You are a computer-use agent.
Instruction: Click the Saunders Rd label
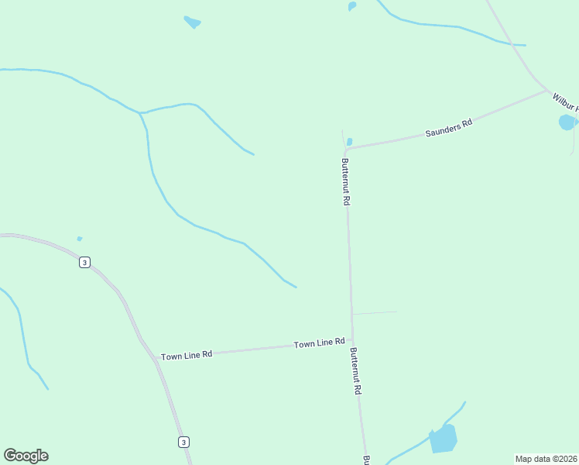tap(449, 128)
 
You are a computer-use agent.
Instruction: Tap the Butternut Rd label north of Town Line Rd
tap(346, 181)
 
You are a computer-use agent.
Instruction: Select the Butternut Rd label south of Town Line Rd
tap(355, 371)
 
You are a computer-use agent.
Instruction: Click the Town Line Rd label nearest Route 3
tap(187, 355)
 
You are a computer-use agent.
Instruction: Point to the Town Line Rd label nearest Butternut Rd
tap(319, 343)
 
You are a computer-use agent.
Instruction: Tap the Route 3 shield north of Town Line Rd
tap(84, 262)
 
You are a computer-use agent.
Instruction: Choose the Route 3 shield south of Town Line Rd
tap(183, 442)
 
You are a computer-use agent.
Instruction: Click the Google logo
tap(26, 456)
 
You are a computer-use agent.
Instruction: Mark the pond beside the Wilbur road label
tap(567, 122)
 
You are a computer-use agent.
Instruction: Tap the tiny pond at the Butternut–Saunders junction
tap(350, 142)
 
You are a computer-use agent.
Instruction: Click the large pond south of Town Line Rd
tap(444, 439)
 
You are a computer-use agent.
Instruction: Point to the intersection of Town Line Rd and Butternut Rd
tap(353, 339)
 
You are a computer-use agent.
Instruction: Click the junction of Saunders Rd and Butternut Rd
tap(346, 149)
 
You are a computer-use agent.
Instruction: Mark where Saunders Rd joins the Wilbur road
tap(547, 91)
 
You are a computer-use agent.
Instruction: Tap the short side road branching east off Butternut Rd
tap(375, 313)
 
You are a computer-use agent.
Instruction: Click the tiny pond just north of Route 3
tap(79, 239)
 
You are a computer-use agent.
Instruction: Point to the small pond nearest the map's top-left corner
tap(192, 22)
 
